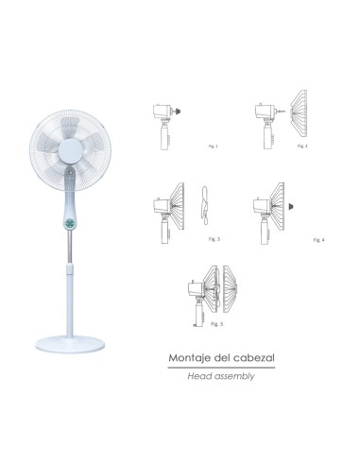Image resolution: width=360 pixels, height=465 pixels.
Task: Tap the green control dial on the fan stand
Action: tap(72, 224)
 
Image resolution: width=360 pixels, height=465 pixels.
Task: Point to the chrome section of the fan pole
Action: tap(72, 252)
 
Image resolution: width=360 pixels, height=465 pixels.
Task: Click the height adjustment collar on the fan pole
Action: tap(72, 272)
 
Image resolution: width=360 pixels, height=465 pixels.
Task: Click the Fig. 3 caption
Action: tap(215, 239)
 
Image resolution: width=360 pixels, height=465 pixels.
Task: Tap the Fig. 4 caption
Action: tap(318, 240)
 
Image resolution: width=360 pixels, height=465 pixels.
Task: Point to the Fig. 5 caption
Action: tap(217, 324)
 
